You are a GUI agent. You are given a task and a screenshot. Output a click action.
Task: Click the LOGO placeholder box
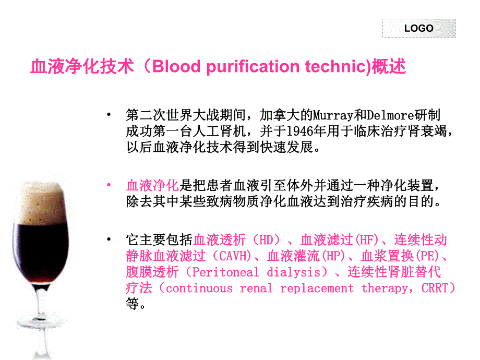(418, 28)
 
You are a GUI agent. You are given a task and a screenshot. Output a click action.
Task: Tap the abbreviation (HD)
(266, 240)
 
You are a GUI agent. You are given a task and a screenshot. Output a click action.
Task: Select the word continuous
(199, 289)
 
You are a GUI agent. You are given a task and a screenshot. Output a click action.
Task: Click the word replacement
(317, 289)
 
